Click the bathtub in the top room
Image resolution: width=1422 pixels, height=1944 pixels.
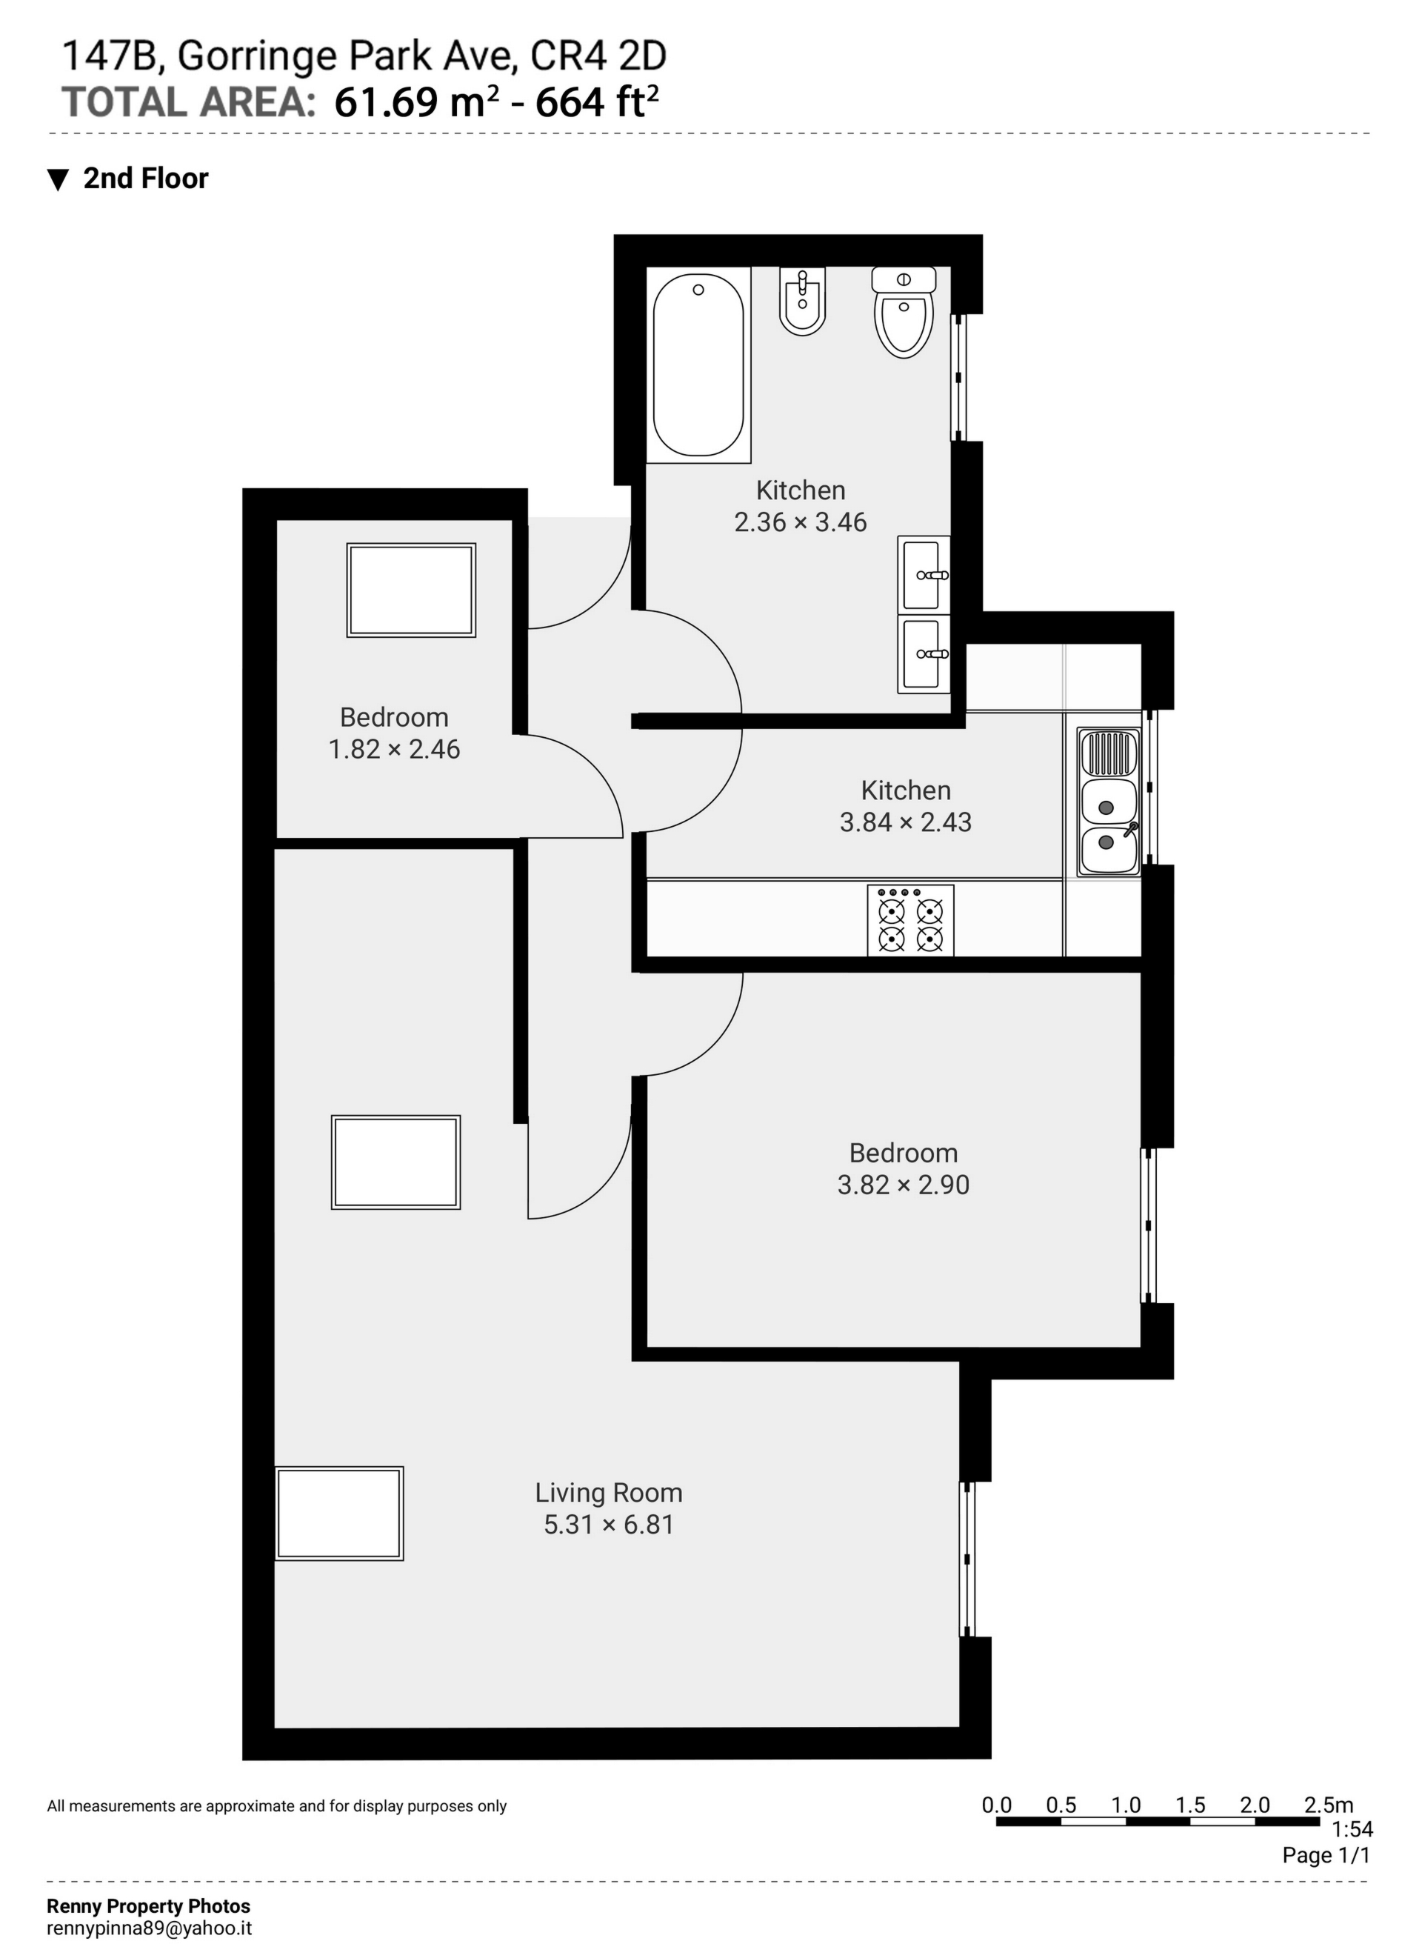point(698,364)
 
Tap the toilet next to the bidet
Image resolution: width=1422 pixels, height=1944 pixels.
point(904,313)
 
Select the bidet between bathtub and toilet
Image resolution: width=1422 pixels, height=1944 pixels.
point(802,301)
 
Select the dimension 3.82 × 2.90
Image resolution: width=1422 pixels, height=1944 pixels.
point(903,1185)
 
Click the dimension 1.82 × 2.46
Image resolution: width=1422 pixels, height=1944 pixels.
point(394,749)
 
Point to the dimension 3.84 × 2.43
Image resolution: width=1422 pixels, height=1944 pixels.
point(906,822)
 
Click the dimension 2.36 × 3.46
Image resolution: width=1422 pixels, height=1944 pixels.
point(801,522)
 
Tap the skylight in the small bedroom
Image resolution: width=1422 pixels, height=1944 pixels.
point(412,590)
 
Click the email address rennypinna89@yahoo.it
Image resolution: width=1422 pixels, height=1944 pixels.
point(149,1928)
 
